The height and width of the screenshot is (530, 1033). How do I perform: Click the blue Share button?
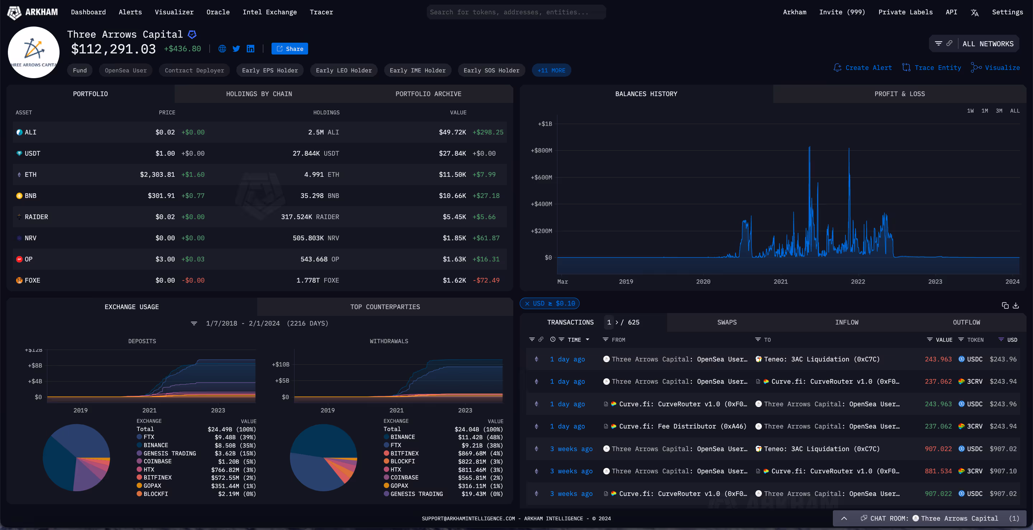pyautogui.click(x=289, y=49)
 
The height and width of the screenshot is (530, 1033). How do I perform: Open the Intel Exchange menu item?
pyautogui.click(x=269, y=12)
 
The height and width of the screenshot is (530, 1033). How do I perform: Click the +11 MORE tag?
pyautogui.click(x=551, y=71)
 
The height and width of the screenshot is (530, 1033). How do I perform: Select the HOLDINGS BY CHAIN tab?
pyautogui.click(x=259, y=94)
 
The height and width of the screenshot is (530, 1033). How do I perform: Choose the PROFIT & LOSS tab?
pyautogui.click(x=899, y=94)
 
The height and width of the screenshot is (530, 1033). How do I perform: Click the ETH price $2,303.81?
pyautogui.click(x=157, y=174)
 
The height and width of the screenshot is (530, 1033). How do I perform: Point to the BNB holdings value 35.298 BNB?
pyautogui.click(x=319, y=196)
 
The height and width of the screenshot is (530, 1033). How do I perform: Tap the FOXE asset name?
pyautogui.click(x=32, y=280)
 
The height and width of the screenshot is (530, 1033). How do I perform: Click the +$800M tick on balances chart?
pyautogui.click(x=541, y=150)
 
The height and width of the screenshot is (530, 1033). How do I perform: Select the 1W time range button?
pyautogui.click(x=970, y=111)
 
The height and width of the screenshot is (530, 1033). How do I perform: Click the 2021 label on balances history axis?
pyautogui.click(x=780, y=281)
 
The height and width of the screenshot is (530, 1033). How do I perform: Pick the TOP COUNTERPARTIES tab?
pyautogui.click(x=385, y=307)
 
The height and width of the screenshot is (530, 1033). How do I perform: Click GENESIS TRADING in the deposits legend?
pyautogui.click(x=170, y=453)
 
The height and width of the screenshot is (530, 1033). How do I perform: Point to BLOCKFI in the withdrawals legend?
pyautogui.click(x=402, y=462)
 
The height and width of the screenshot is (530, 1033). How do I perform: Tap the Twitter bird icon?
pyautogui.click(x=236, y=49)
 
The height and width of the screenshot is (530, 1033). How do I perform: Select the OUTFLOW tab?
pyautogui.click(x=966, y=322)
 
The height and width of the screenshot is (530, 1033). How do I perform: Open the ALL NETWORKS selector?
pyautogui.click(x=987, y=44)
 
